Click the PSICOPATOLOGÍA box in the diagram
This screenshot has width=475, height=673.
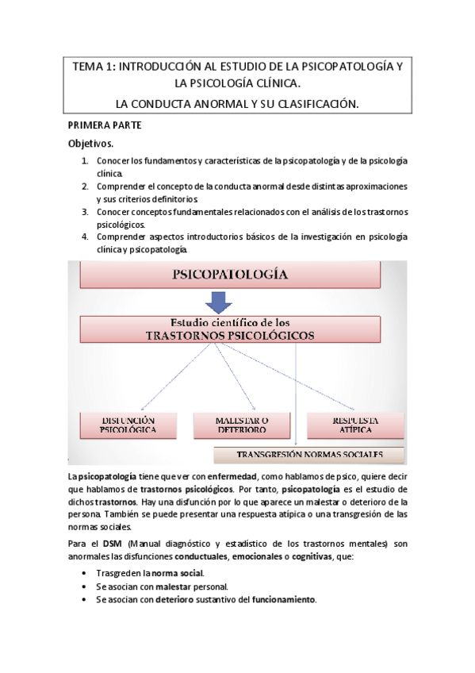point(229,277)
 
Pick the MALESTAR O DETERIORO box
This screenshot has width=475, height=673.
point(241,425)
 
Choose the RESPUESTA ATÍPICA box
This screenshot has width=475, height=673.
point(354,425)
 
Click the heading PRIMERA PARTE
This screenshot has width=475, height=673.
point(105,126)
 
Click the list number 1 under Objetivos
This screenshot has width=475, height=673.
point(85,161)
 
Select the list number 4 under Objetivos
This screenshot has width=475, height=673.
point(85,237)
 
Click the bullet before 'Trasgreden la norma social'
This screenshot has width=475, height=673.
point(85,572)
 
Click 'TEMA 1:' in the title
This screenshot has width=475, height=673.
point(94,67)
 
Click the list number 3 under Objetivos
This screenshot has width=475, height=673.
point(85,212)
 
